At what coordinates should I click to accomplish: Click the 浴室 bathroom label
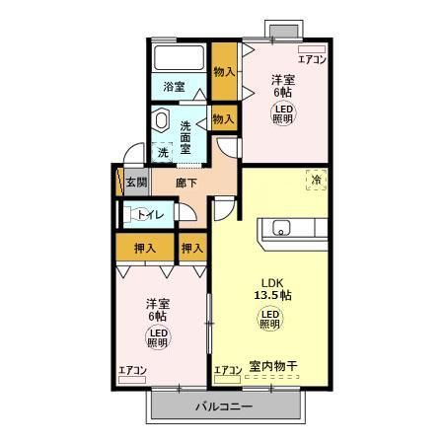click(175, 88)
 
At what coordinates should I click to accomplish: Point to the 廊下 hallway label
click(186, 182)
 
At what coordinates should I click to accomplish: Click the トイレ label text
click(151, 214)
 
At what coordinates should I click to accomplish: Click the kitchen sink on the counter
click(280, 230)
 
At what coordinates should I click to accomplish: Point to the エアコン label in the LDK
click(228, 371)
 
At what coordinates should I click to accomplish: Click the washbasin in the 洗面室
click(162, 121)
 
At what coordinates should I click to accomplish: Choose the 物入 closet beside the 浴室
click(224, 71)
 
